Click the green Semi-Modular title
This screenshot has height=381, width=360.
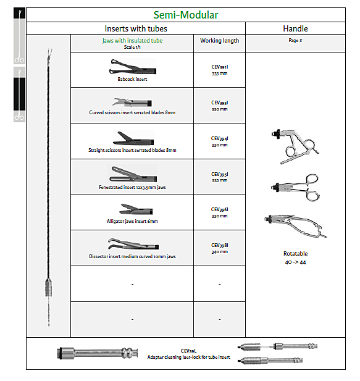click(x=186, y=15)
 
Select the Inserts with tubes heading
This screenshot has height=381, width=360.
click(x=136, y=28)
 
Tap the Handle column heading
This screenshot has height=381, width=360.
click(x=295, y=28)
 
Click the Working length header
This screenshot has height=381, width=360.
click(x=220, y=41)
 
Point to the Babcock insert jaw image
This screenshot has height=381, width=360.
click(x=133, y=67)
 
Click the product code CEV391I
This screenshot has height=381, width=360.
click(x=220, y=67)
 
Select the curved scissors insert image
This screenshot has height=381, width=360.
click(x=132, y=103)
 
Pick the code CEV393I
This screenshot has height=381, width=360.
click(x=220, y=103)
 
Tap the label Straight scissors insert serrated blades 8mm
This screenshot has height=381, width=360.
click(x=132, y=150)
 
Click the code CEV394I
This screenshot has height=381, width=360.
click(x=220, y=138)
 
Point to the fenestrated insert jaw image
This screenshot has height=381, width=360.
click(x=133, y=174)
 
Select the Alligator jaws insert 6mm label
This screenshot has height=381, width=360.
click(x=132, y=221)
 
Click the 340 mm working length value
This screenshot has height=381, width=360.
click(x=220, y=252)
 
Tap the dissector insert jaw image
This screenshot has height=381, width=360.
click(x=133, y=244)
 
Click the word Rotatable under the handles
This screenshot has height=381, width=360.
click(x=295, y=254)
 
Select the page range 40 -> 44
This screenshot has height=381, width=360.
click(x=295, y=262)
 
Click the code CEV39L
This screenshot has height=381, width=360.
click(x=188, y=351)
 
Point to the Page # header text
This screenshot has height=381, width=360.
click(x=295, y=40)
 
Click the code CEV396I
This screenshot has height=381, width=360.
click(x=220, y=209)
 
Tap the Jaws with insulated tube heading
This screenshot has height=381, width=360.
click(x=132, y=41)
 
